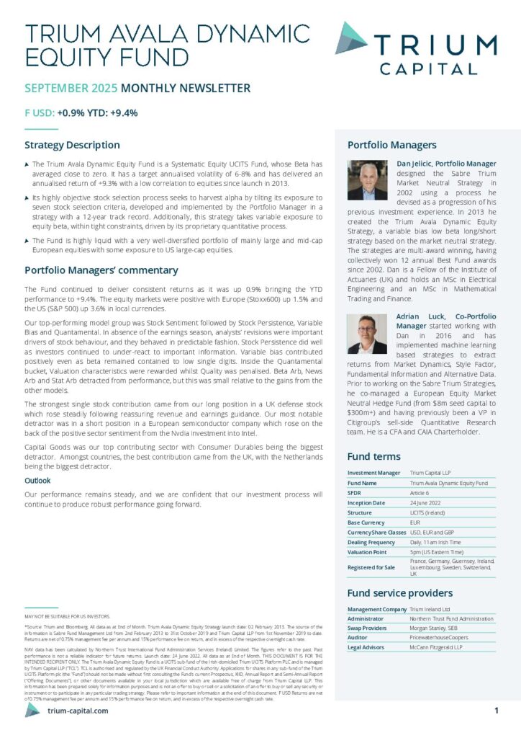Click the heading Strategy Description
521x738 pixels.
[x=72, y=145]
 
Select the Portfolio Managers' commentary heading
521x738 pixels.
[x=101, y=270]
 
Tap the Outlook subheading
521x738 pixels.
[x=37, y=480]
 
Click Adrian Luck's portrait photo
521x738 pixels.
[x=367, y=334]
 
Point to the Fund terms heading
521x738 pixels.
[x=374, y=456]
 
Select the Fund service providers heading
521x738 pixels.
[x=399, y=593]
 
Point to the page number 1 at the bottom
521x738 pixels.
[x=497, y=711]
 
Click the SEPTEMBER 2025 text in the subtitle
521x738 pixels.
[x=71, y=89]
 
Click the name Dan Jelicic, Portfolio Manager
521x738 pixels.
[x=445, y=164]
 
